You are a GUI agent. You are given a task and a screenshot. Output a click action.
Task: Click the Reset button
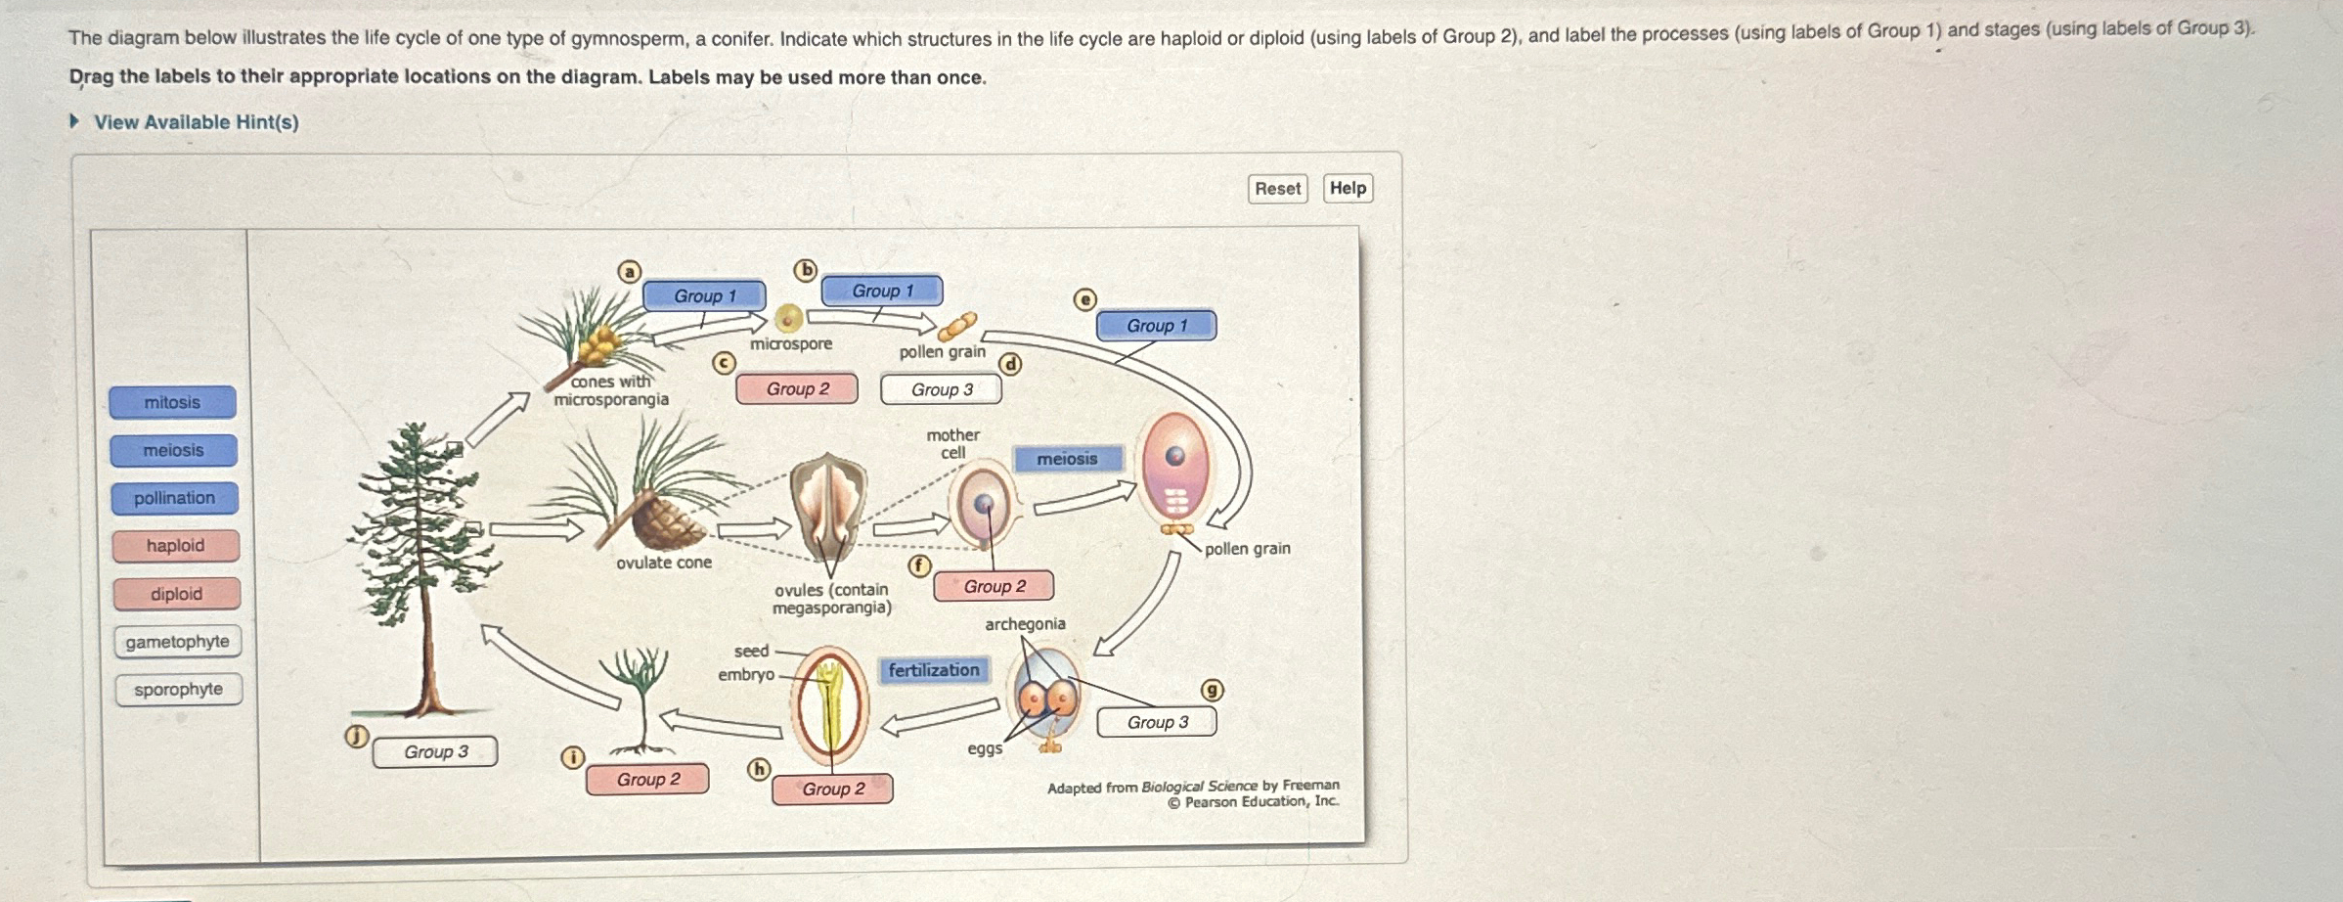(1277, 189)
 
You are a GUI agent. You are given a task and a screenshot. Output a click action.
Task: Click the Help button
(1348, 188)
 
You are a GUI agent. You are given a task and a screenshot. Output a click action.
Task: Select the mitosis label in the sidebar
(172, 402)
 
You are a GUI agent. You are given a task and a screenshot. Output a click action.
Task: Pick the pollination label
(174, 498)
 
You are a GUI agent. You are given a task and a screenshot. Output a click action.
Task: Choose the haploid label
(175, 546)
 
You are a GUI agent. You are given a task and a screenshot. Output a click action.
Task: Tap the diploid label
(176, 594)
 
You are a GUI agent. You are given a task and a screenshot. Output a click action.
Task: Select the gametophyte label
(177, 642)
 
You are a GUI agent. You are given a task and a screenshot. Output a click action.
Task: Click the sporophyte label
(178, 690)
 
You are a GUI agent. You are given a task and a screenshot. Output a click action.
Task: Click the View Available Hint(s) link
(196, 122)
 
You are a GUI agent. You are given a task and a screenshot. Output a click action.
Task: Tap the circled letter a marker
(630, 272)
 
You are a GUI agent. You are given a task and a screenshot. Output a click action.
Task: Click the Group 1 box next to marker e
(1156, 326)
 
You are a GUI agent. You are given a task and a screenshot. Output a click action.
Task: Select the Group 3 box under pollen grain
(941, 389)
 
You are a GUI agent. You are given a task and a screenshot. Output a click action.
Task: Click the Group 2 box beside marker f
(994, 586)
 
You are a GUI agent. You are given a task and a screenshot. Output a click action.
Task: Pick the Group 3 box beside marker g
(1157, 722)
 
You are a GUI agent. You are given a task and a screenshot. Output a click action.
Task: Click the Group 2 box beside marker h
(832, 789)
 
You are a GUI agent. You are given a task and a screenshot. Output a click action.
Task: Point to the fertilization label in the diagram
(933, 670)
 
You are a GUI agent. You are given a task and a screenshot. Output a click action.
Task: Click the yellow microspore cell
(788, 318)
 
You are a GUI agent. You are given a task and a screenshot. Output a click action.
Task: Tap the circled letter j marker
(357, 737)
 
